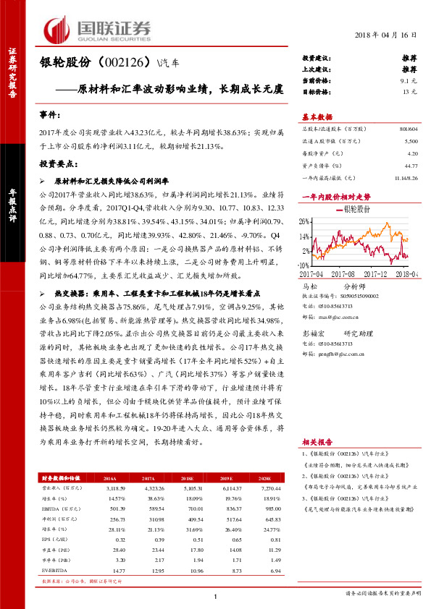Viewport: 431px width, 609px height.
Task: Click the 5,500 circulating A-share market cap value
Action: point(411,142)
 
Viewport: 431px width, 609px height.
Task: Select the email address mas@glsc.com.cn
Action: point(337,317)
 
